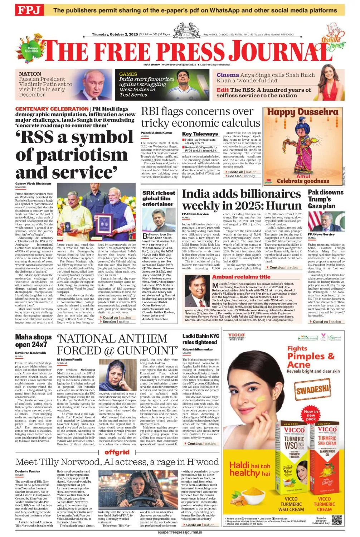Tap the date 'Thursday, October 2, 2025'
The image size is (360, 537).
point(115,34)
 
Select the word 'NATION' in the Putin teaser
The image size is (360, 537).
point(30,74)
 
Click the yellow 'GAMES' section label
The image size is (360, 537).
point(128,74)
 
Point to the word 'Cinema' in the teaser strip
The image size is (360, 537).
point(228,75)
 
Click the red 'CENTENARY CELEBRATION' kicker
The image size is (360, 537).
point(52,109)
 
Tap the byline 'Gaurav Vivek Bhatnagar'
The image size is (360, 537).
point(33,184)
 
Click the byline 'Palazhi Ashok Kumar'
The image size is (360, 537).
point(156,133)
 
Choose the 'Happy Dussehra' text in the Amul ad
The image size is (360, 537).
point(302,112)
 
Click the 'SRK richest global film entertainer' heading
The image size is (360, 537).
point(159,198)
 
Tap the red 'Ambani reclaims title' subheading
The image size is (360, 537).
point(241,277)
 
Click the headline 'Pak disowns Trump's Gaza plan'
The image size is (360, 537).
point(326,199)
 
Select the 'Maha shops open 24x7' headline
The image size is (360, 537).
point(33,341)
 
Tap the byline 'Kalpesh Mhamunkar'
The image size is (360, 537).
point(198,349)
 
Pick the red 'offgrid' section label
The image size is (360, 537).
point(117,452)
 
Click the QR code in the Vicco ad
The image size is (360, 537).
point(337,519)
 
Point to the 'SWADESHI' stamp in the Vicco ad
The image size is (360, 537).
point(312,389)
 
